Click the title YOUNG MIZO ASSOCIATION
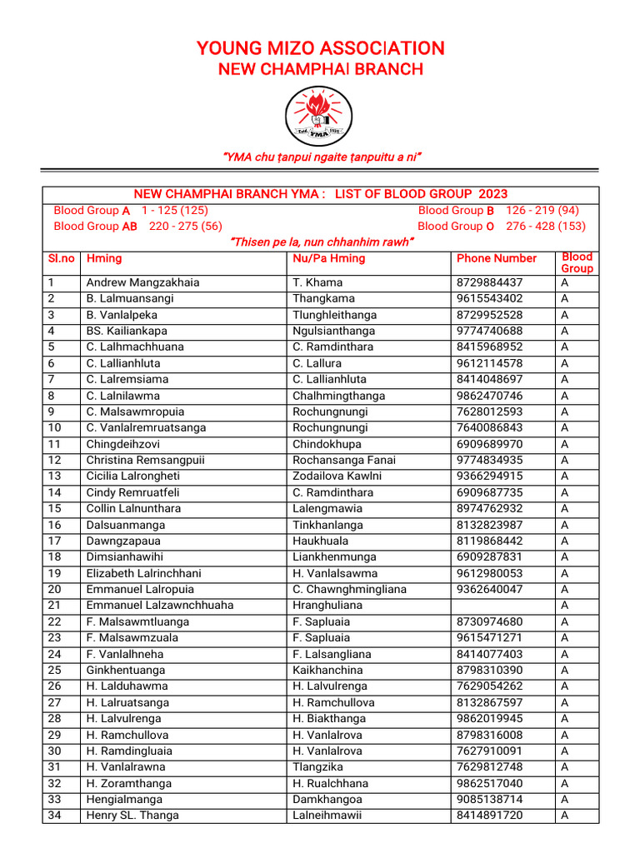click(320, 48)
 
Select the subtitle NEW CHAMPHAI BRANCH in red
click(320, 69)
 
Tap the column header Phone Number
click(497, 258)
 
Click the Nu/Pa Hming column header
click(329, 258)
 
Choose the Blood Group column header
click(577, 262)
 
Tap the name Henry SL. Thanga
click(132, 816)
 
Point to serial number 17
click(54, 541)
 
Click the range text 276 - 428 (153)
click(546, 226)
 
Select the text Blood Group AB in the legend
click(95, 226)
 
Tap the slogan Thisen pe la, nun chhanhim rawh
click(320, 242)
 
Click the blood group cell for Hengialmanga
click(565, 800)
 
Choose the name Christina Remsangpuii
click(146, 460)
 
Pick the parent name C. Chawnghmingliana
click(349, 589)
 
